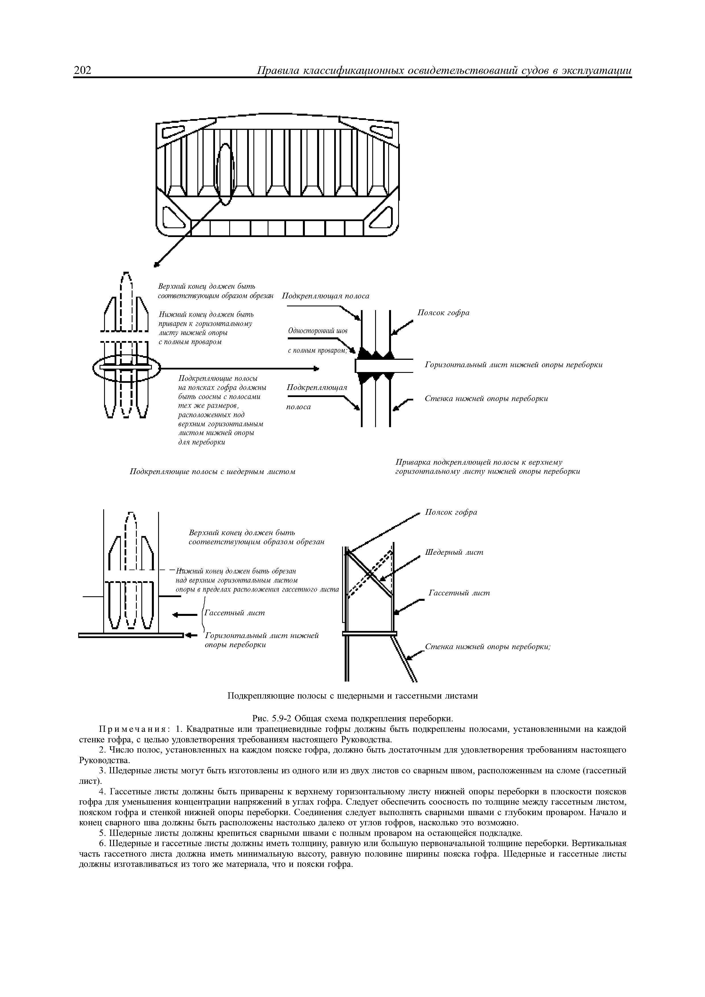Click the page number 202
coord(83,70)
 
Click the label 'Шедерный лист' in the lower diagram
coord(454,552)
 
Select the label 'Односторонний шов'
coord(318,331)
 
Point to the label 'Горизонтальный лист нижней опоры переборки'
coord(513,365)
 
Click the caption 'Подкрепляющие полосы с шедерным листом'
coord(213,472)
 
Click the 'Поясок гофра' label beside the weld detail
coord(443,313)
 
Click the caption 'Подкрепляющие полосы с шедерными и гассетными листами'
coord(352,696)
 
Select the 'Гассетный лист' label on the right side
coord(459,593)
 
